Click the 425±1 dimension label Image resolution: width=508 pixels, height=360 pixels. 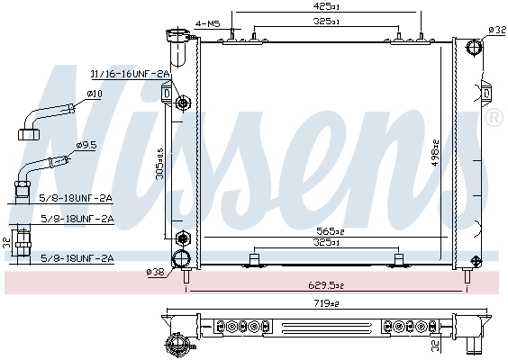pos(325,6)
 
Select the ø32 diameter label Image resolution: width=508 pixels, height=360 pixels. pos(496,30)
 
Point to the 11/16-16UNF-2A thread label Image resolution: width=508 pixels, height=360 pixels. pos(130,74)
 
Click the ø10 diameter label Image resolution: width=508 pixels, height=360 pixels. pos(94,93)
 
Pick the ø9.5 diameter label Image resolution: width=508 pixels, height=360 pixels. pos(87,145)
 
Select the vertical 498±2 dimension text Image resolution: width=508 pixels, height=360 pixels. pos(435,154)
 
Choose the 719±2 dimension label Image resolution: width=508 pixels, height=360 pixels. pos(326,305)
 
